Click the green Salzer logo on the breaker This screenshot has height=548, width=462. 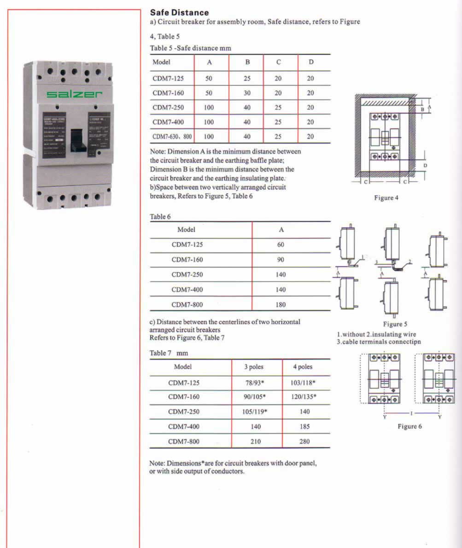pos(74,94)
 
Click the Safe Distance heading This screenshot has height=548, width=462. pos(179,12)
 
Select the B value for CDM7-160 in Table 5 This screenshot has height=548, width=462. pos(247,93)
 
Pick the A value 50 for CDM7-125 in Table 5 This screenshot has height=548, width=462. pos(209,79)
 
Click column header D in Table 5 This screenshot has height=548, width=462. pos(311,62)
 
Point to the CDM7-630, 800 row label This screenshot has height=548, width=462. pos(171,137)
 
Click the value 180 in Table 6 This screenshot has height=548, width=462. pos(281,304)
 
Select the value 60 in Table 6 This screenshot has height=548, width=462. pos(281,245)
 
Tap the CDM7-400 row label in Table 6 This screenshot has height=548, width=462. pos(187,290)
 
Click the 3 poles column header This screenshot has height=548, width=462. pos(256,367)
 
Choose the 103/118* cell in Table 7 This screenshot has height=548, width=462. pos(304,382)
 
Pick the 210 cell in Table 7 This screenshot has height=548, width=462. pos(256,442)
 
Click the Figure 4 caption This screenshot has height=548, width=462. pos(386,198)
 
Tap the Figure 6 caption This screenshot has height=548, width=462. pos(409,426)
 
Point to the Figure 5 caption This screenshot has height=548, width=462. pos(395,324)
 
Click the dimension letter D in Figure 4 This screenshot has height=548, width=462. pos(425,165)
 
